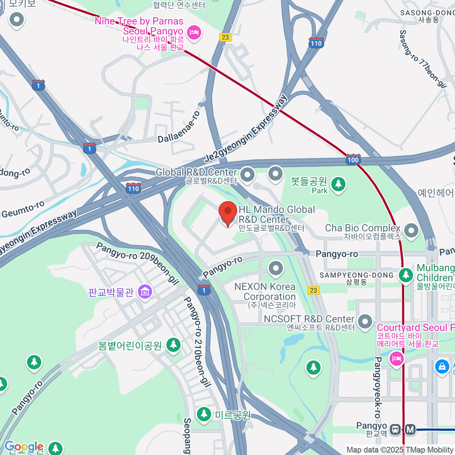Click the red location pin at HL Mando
pyautogui.click(x=228, y=213)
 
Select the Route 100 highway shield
pyautogui.click(x=353, y=159)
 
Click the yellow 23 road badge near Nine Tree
pyautogui.click(x=225, y=37)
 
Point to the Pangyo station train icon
pyautogui.click(x=395, y=430)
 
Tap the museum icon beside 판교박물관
pyautogui.click(x=145, y=292)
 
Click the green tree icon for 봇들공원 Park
pyautogui.click(x=338, y=184)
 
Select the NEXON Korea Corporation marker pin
pyautogui.click(x=276, y=268)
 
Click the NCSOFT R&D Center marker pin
pyautogui.click(x=365, y=321)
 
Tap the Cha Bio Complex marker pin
pyautogui.click(x=411, y=230)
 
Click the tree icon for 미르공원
pyautogui.click(x=204, y=414)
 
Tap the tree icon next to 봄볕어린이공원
pyautogui.click(x=174, y=345)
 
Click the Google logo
pyautogui.click(x=24, y=447)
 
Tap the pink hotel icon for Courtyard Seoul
pyautogui.click(x=397, y=358)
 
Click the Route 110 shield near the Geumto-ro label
pyautogui.click(x=133, y=188)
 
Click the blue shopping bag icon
pyautogui.click(x=442, y=366)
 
